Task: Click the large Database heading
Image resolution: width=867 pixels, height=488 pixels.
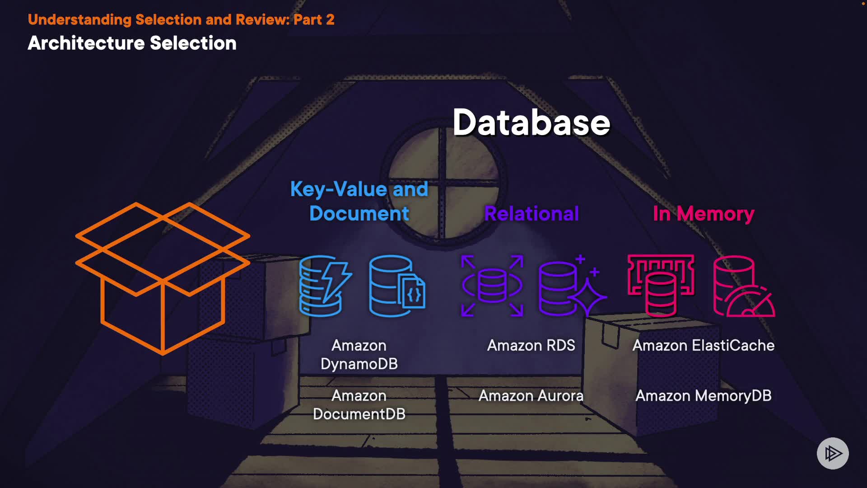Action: tap(531, 123)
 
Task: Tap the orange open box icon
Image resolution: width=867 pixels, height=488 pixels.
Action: tap(163, 277)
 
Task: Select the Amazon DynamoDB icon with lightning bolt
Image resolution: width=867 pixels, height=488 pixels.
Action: tap(325, 286)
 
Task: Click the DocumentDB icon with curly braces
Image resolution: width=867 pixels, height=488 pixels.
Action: tap(397, 286)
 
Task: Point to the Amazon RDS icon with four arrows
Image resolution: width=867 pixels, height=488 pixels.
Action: tap(492, 286)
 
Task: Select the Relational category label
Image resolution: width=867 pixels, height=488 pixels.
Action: tap(531, 214)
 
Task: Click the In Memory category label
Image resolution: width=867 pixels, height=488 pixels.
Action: tap(703, 214)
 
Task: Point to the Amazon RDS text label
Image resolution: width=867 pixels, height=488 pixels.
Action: tap(531, 346)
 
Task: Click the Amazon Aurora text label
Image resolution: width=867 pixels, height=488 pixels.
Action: tap(531, 396)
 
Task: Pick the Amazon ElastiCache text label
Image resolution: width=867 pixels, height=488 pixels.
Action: tap(703, 346)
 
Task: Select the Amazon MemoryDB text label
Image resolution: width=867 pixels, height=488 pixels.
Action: tap(703, 396)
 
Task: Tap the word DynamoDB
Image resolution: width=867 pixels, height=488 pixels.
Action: tap(359, 364)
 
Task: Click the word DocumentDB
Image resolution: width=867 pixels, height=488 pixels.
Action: tap(359, 414)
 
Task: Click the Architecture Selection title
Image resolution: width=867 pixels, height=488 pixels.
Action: tap(132, 43)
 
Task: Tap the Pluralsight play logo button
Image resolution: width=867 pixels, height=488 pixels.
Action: tap(833, 453)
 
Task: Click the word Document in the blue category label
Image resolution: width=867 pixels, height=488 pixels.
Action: tap(359, 214)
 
